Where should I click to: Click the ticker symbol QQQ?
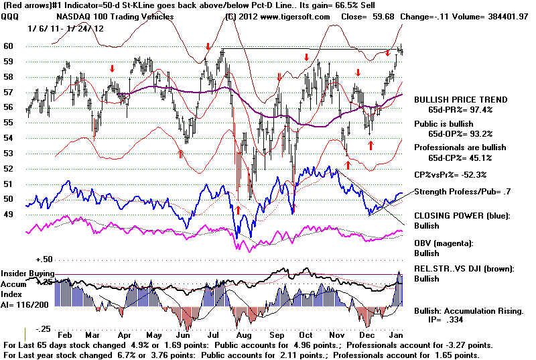point(10,17)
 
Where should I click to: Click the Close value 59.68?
point(383,17)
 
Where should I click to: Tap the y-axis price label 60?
point(8,46)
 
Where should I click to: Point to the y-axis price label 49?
point(8,215)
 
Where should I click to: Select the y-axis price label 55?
point(8,123)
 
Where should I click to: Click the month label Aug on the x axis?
point(244,335)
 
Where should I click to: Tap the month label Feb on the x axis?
point(64,335)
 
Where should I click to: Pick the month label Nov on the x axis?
point(337,335)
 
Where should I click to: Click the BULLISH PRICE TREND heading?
point(461,100)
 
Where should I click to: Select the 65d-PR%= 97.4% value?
point(460,110)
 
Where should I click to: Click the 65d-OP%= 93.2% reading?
point(460,134)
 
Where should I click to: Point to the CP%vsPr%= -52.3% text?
point(450,175)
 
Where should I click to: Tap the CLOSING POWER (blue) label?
point(462,216)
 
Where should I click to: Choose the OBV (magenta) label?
point(444,244)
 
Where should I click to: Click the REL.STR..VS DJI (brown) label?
point(464,269)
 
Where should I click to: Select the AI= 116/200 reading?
point(25,304)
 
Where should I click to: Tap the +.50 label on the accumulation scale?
point(44,259)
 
